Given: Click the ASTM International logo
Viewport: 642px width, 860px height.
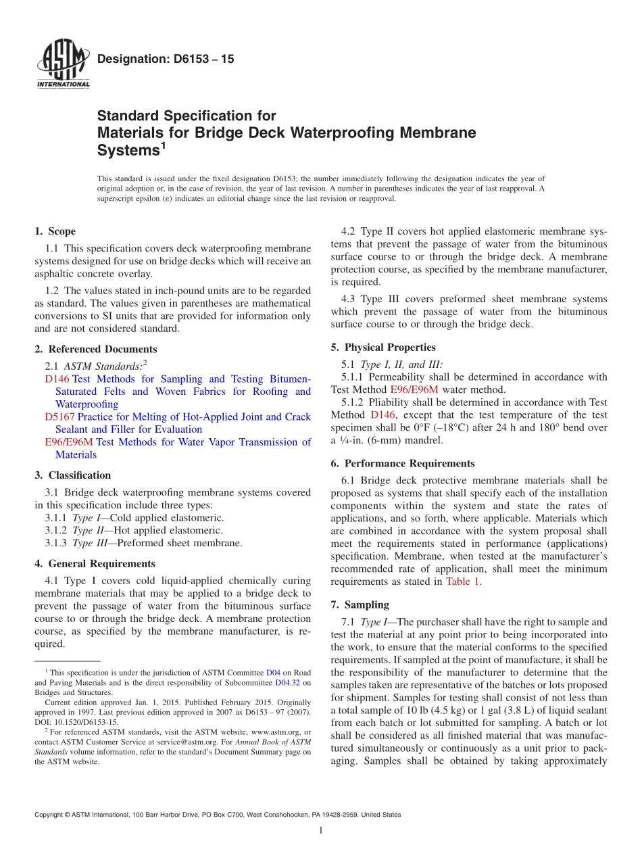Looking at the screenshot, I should (x=62, y=66).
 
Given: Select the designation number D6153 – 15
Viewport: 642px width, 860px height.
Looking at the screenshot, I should (x=166, y=59).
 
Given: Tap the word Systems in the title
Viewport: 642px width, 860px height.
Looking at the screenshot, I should (x=128, y=151).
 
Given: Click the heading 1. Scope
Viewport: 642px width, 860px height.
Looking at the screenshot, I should (x=55, y=231).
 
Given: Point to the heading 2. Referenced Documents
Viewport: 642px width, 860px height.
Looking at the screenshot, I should (x=95, y=350).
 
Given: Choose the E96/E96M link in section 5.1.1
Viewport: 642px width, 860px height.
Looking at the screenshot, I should (x=414, y=389).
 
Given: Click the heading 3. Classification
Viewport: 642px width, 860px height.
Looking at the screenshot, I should (x=72, y=475).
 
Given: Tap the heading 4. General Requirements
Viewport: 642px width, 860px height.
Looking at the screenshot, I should (x=95, y=564).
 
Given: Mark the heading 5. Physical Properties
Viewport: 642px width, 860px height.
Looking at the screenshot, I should (x=383, y=348).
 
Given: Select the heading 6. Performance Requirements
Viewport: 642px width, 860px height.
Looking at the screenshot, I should (x=403, y=464).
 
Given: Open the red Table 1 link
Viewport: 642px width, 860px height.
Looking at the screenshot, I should (x=463, y=581).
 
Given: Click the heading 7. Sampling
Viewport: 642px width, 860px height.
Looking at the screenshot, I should (x=360, y=605).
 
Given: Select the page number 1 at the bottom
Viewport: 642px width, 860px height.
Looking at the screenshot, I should (x=321, y=831).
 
